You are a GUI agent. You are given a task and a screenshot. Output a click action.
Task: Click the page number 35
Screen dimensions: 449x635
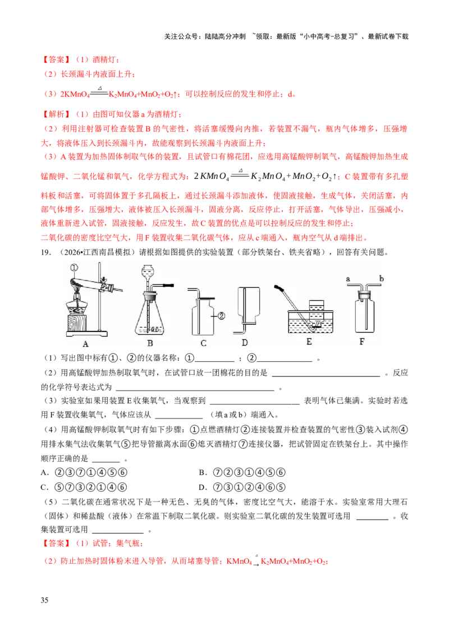click(44, 600)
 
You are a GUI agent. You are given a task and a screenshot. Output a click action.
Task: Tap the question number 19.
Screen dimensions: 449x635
click(45, 252)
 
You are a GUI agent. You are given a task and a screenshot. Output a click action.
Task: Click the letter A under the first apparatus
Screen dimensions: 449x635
click(85, 344)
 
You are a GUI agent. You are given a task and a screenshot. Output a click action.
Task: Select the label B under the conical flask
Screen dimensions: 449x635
click(150, 343)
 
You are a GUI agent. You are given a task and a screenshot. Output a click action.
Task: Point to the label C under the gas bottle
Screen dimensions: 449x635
click(203, 343)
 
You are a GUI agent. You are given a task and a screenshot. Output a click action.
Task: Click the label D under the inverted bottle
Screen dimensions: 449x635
click(245, 343)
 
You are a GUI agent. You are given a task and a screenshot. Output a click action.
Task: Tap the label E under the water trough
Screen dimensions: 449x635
click(309, 342)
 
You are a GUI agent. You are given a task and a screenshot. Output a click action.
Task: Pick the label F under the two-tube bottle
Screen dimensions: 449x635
click(362, 342)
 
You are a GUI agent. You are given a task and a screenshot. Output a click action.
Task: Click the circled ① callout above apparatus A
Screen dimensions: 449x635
click(74, 268)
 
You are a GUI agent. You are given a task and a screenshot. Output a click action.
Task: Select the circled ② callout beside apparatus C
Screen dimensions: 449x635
click(221, 315)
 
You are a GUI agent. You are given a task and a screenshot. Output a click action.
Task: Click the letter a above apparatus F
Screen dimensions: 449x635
click(348, 279)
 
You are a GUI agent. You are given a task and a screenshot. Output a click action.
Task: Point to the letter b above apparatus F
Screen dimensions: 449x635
click(381, 278)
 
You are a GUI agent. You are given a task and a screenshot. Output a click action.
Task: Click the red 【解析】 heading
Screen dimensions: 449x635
click(56, 114)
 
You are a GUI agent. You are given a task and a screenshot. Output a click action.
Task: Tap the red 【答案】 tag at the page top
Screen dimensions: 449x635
click(56, 59)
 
